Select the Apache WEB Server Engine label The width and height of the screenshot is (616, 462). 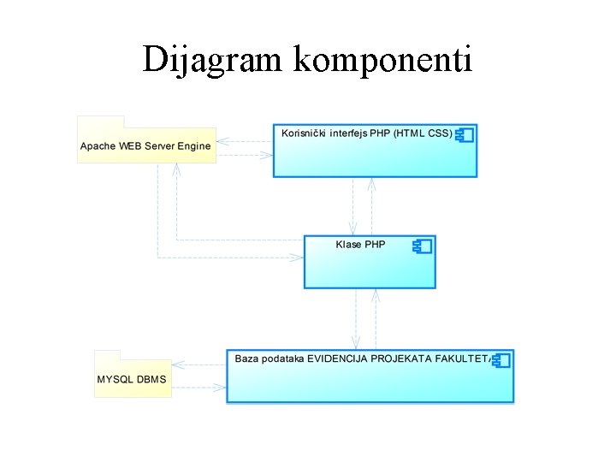coord(145,146)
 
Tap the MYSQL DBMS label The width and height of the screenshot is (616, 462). coord(132,379)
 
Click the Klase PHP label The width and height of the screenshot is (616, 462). coord(360,245)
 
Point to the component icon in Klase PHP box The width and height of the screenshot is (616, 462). coord(422,246)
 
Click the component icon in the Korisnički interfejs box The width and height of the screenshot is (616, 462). coord(465,134)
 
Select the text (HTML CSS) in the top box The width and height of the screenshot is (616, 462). coord(423,133)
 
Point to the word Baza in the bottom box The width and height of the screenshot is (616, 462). coord(246,359)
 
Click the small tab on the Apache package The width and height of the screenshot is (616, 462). coord(101,121)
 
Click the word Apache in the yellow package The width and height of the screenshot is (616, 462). coord(98,146)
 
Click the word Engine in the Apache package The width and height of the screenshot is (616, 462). coord(193,146)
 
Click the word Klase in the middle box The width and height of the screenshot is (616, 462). coord(349,245)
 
